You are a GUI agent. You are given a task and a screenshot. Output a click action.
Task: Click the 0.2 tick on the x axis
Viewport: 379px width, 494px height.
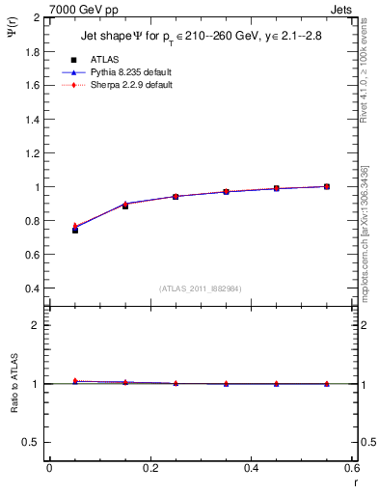pyautogui.click(x=149, y=467)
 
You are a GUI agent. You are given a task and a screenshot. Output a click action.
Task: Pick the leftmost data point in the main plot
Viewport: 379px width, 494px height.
pyautogui.click(x=75, y=230)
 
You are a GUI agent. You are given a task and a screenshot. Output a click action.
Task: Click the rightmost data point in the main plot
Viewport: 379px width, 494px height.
pyautogui.click(x=327, y=186)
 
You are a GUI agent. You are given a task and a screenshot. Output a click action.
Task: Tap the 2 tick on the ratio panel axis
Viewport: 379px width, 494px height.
pyautogui.click(x=37, y=325)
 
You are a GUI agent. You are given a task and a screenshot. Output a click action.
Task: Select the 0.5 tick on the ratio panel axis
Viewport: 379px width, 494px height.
pyautogui.click(x=33, y=442)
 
